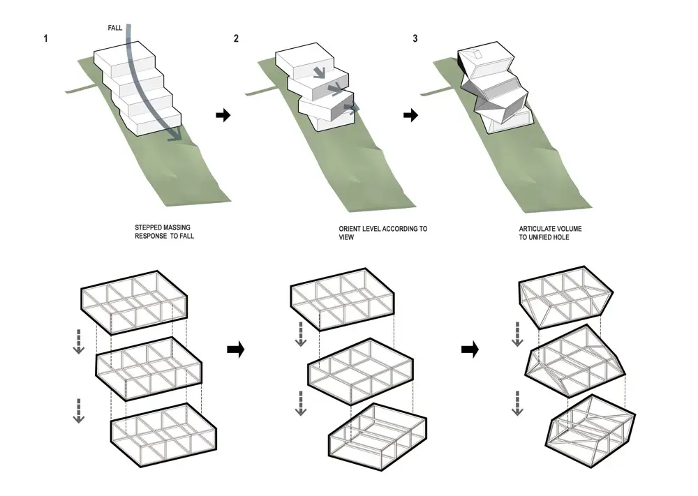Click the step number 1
pos(45,38)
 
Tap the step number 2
pos(236,38)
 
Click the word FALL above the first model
pos(115,27)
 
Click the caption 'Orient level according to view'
pos(383,232)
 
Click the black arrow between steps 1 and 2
pos(223,115)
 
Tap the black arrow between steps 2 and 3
pos(411,115)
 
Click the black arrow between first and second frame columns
pos(236,351)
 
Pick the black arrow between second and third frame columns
pos(470,351)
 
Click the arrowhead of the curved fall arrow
pos(177,138)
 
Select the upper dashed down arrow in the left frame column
pos(79,338)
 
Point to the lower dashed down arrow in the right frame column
pos(517,403)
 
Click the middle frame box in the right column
pos(574,362)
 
